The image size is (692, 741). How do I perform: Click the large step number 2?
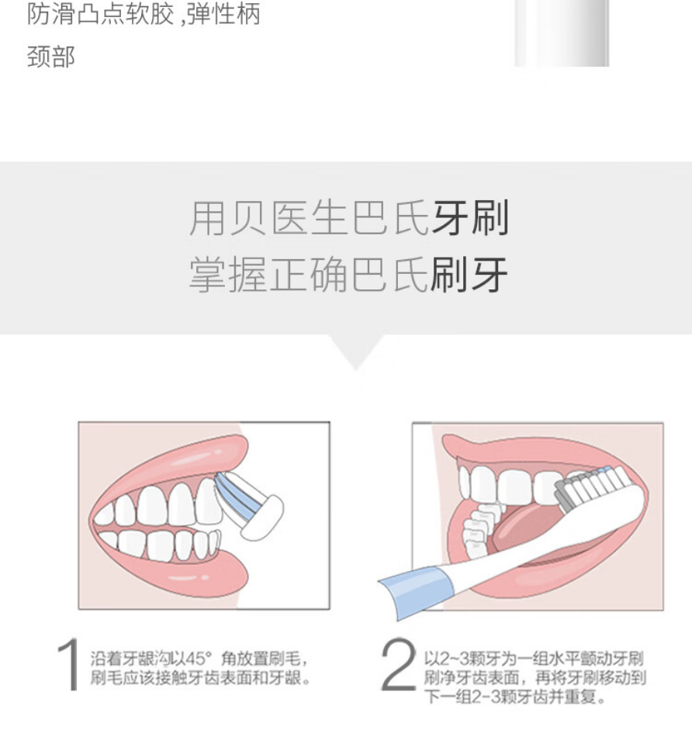tap(398, 664)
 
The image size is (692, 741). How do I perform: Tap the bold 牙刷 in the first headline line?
tap(470, 218)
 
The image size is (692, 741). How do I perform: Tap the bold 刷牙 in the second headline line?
tap(469, 274)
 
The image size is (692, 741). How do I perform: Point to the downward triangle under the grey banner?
tap(357, 350)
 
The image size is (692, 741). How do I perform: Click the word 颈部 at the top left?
tap(51, 57)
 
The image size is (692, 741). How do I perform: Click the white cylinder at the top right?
tap(562, 33)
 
